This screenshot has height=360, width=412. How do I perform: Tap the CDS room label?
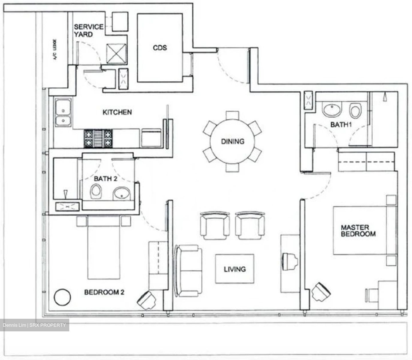160,48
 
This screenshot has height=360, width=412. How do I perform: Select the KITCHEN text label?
117,112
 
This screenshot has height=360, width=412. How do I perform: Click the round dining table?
232,141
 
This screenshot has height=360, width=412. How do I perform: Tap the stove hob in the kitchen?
98,138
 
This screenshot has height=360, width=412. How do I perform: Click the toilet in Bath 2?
96,192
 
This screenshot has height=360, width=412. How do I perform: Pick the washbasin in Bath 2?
122,194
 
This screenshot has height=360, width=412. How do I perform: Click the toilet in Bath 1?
355,111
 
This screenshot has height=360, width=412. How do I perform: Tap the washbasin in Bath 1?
332,110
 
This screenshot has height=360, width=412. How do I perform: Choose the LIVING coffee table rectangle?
234,269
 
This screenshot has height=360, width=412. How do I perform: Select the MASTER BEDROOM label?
358,231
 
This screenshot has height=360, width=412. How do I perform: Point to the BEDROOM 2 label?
104,292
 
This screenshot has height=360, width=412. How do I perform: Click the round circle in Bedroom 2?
62,297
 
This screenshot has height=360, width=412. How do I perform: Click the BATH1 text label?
340,125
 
